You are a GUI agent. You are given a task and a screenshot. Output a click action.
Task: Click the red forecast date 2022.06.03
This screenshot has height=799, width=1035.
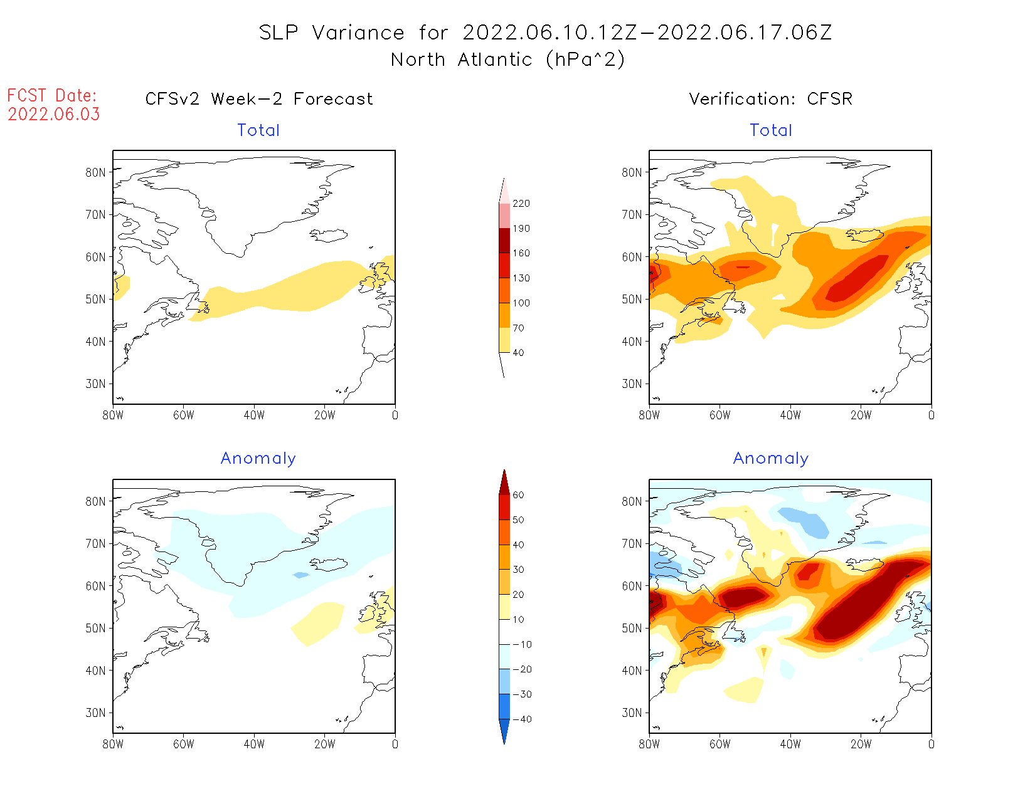pos(54,115)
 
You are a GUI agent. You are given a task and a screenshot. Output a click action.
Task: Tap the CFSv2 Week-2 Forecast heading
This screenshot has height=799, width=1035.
pos(259,99)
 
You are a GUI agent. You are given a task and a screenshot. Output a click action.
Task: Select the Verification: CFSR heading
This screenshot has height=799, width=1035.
pos(770,99)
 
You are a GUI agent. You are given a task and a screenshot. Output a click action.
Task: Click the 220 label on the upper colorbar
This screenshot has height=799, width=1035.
pos(521,204)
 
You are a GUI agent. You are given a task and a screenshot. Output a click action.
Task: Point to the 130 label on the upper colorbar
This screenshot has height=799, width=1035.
pos(521,278)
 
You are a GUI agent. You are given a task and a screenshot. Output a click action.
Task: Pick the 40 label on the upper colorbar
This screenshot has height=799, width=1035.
pos(518,353)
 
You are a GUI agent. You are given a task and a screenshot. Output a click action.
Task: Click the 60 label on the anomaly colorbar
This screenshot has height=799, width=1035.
pos(518,495)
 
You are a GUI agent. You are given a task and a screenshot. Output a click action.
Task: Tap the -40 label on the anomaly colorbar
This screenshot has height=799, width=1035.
pos(522,719)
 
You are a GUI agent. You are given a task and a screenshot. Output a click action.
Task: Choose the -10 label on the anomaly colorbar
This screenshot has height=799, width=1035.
pos(522,644)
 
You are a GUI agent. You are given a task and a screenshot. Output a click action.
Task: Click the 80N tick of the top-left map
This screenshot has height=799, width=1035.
pos(96,172)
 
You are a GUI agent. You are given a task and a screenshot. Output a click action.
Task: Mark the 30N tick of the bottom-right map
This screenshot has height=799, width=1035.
pos(632,713)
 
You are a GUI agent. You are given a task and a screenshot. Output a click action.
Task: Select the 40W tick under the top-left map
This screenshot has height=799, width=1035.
pos(254,415)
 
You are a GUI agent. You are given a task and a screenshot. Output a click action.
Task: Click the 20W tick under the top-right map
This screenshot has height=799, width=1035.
pos(861,415)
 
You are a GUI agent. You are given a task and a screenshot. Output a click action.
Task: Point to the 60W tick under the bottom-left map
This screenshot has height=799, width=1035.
pos(183,744)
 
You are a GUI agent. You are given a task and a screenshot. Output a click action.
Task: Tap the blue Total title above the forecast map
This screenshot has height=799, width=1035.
pos(258,130)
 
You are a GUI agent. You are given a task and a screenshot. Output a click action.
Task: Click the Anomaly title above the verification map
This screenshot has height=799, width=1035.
pos(771,459)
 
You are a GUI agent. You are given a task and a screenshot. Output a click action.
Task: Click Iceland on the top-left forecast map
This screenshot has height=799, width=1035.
pos(329,236)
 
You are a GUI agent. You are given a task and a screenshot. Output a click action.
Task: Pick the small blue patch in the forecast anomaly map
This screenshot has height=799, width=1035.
pos(302,575)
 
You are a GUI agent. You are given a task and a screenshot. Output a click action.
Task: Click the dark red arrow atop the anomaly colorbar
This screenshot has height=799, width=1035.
pos(504,482)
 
